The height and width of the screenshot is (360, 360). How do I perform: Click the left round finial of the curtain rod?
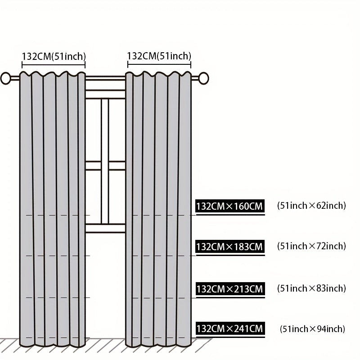[x=6, y=78]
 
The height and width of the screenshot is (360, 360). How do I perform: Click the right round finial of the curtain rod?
[x=203, y=78]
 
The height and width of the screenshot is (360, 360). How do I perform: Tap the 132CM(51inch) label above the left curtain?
[x=54, y=57]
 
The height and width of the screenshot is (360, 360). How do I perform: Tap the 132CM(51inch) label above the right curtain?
[x=159, y=56]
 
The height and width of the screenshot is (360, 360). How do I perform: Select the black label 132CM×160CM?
[x=230, y=206]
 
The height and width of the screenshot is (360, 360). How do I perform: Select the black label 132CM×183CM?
[x=230, y=247]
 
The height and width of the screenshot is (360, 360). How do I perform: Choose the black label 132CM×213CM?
[x=230, y=289]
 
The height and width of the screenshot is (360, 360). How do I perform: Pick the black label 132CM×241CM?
[x=230, y=328]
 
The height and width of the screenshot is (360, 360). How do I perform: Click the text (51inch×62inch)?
[x=311, y=206]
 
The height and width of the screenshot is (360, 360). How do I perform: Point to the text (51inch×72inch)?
[x=311, y=246]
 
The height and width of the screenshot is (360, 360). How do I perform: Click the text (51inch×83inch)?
[x=311, y=288]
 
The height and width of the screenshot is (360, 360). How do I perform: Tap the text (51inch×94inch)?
[x=312, y=329]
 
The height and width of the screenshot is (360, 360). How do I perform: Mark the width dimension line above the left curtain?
[x=54, y=65]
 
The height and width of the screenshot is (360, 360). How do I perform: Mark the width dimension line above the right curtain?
[x=159, y=64]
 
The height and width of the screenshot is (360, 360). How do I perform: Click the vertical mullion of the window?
[x=105, y=161]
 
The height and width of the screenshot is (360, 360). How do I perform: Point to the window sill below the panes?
[x=105, y=229]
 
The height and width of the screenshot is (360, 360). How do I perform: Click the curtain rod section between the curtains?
[x=105, y=78]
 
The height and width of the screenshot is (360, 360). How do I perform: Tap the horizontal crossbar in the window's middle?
[x=105, y=166]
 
